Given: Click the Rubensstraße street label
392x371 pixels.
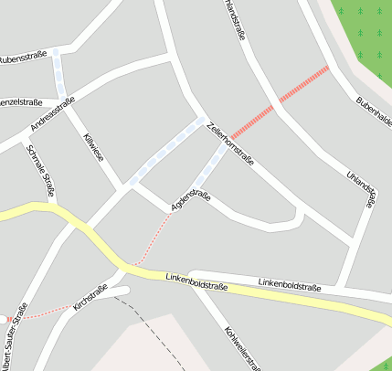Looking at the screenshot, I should pyautogui.click(x=23, y=56).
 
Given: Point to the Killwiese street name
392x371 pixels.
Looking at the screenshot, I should pyautogui.click(x=93, y=148).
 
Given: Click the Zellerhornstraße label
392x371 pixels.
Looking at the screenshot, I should pyautogui.click(x=230, y=144).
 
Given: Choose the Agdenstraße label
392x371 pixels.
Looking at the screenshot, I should pyautogui.click(x=190, y=201).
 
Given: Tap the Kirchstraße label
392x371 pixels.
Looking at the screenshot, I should pyautogui.click(x=90, y=298).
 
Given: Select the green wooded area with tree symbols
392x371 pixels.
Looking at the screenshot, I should pyautogui.click(x=366, y=32).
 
